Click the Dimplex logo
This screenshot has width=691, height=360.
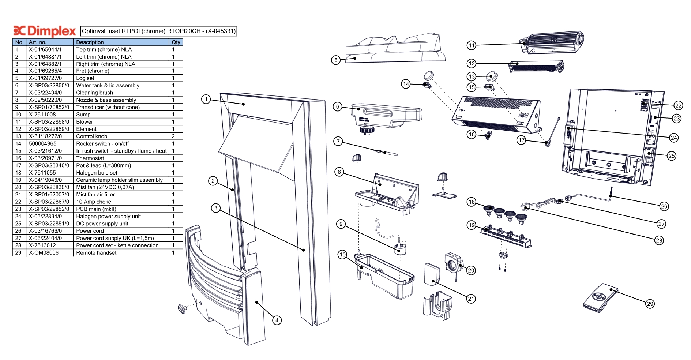44,31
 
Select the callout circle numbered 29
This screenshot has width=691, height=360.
650,304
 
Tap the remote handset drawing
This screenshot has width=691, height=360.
600,298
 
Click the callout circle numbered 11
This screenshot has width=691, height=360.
471,45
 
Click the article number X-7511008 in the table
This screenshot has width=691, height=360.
42,115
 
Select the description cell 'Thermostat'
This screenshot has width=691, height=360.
90,158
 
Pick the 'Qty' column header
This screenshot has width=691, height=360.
176,42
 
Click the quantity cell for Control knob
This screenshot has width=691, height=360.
173,136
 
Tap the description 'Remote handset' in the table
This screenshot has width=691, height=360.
96,253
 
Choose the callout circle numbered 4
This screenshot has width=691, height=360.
277,320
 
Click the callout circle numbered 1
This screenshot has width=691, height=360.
206,99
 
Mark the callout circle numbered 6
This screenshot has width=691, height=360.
338,106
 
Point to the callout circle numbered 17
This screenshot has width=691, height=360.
521,140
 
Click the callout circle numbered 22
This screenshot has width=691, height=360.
678,105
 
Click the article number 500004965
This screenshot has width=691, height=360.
43,143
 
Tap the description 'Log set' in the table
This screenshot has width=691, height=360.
85,78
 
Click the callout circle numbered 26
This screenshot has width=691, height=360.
664,206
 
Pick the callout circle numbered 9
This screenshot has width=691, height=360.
341,224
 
